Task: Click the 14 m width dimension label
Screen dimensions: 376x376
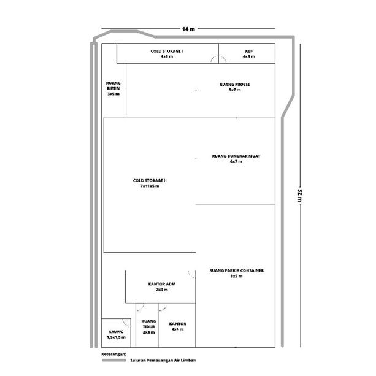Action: [188, 29]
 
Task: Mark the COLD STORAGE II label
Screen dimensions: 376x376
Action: [150, 180]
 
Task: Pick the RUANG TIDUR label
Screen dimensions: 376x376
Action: [148, 324]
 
